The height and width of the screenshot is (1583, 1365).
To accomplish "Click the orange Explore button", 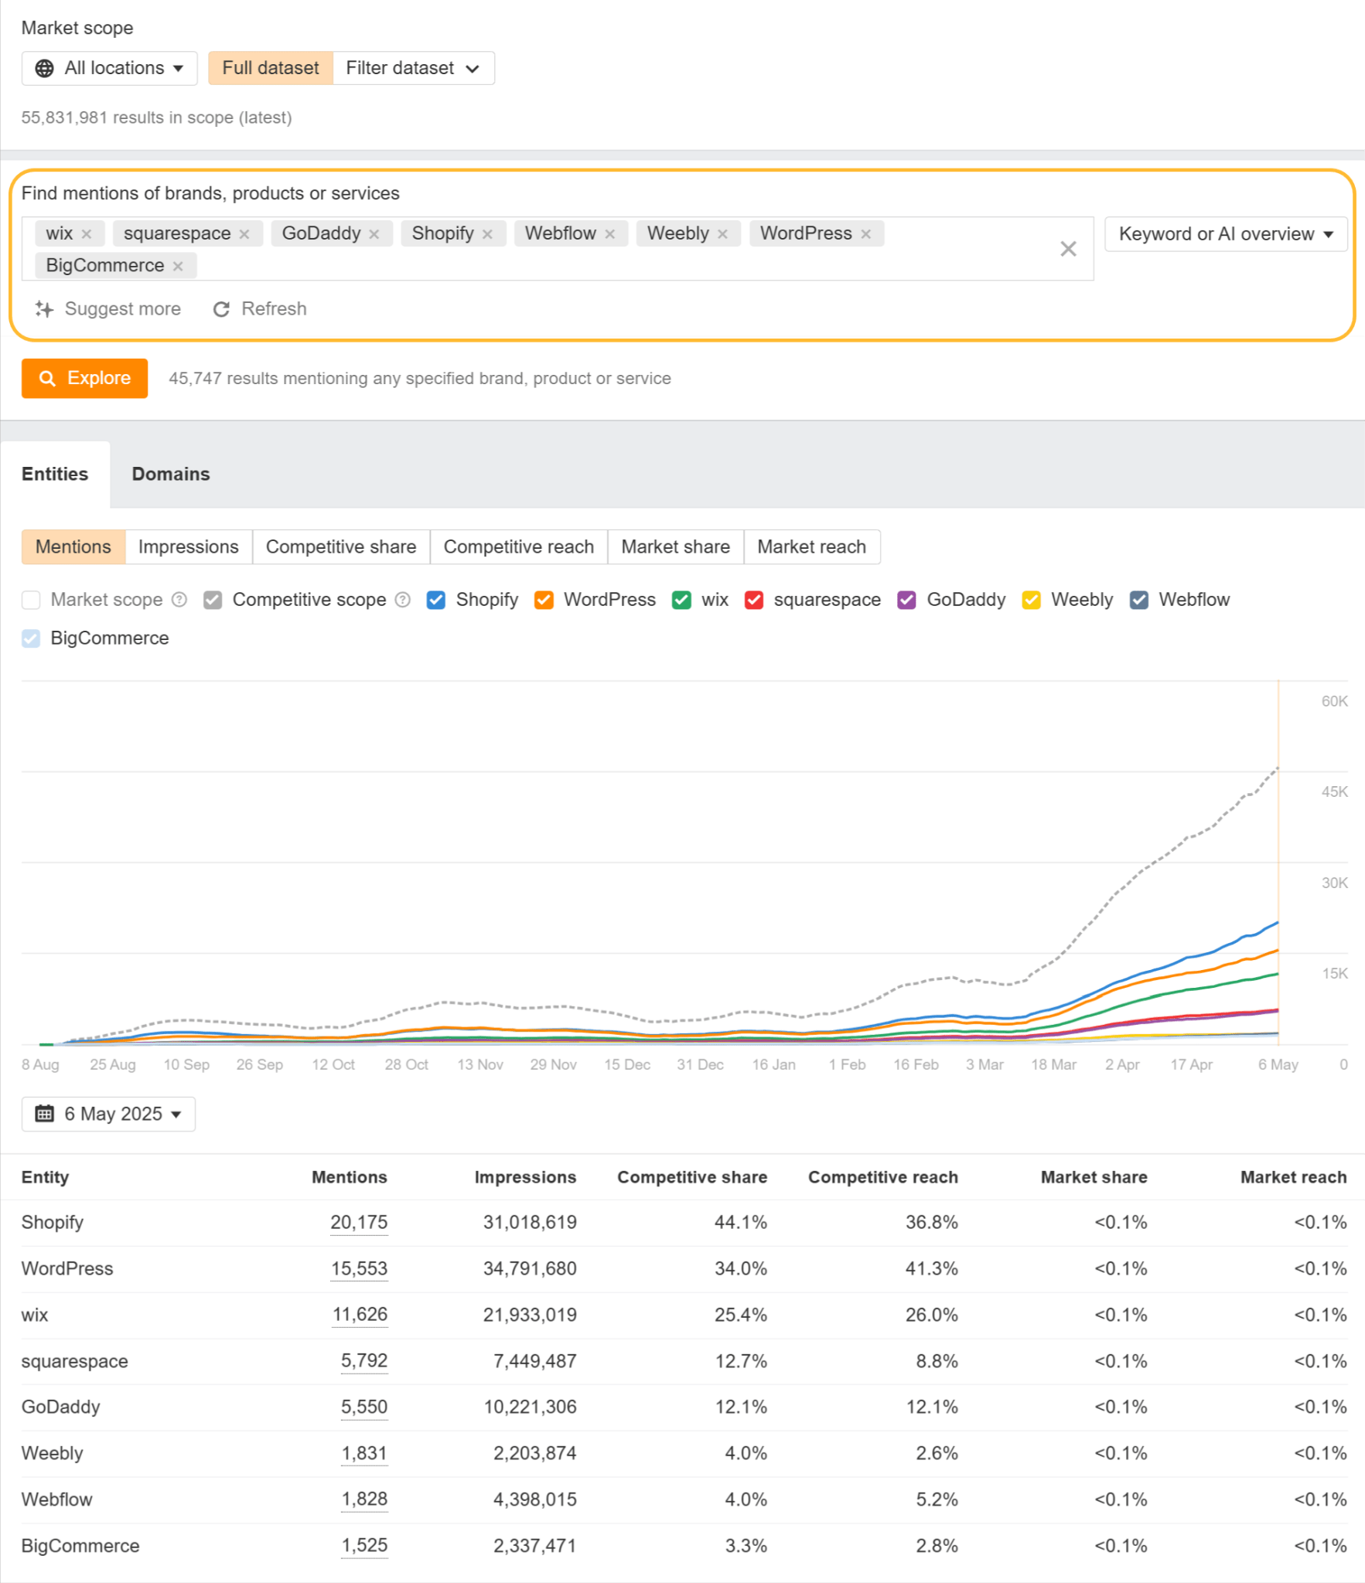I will pos(84,378).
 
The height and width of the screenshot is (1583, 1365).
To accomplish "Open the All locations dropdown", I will pos(109,68).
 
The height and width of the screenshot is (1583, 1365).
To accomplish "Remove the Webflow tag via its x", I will pos(610,234).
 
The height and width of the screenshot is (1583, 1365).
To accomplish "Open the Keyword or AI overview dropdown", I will pos(1225,234).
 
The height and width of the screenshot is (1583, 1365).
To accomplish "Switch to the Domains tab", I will pos(170,474).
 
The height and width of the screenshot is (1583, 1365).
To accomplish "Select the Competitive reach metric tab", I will pos(518,546).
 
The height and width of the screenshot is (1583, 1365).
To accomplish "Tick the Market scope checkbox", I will pos(31,600).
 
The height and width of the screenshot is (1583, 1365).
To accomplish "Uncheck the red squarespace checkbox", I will pos(753,600).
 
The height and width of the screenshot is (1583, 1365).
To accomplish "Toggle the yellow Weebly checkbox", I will pos(1030,600).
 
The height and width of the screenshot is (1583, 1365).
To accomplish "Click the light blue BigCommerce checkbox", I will pos(31,638).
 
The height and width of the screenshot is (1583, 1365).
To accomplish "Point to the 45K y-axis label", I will pos(1333,791).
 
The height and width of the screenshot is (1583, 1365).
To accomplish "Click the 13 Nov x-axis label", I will pos(479,1064).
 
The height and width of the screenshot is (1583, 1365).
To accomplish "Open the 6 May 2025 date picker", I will pos(108,1114).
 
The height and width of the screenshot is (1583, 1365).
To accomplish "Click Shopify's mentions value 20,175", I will pos(359,1222).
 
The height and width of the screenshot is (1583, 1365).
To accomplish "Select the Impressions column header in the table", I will pos(525,1177).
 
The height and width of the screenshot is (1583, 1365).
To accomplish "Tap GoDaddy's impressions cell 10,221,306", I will pos(530,1407).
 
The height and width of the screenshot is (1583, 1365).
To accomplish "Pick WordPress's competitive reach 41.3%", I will pos(931,1268).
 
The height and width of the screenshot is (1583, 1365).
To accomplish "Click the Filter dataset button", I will pos(413,68).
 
